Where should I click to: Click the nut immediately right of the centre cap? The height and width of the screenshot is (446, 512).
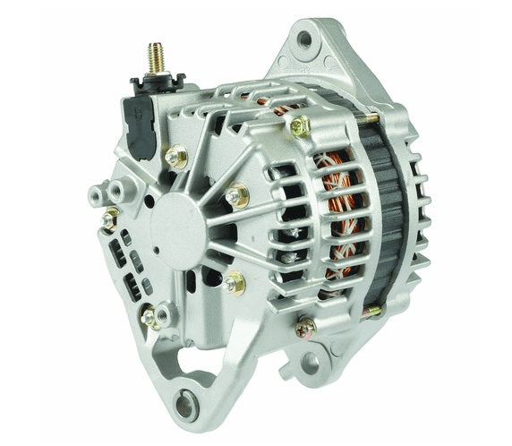pos(237,195)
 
